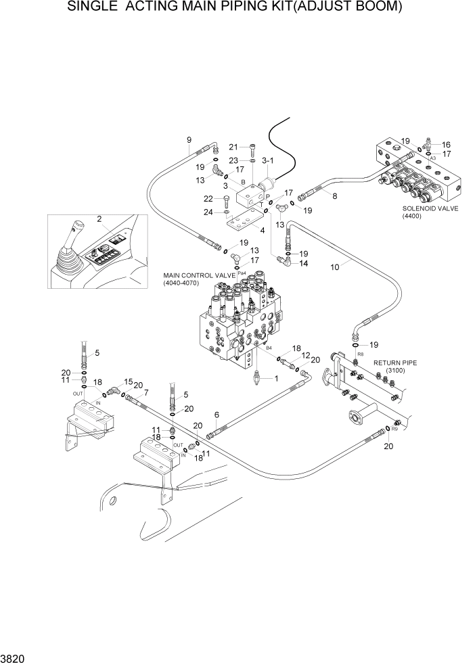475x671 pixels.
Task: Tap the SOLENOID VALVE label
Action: [x=430, y=208]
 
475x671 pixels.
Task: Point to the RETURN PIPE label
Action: [x=395, y=363]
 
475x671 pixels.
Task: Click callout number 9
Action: [x=189, y=141]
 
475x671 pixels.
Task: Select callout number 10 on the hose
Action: [x=334, y=267]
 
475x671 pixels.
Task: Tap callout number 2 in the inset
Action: [x=99, y=218]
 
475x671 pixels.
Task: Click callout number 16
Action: [x=447, y=144]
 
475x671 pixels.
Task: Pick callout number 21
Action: [x=233, y=147]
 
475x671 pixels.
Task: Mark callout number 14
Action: [x=304, y=263]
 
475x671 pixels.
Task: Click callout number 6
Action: [x=217, y=415]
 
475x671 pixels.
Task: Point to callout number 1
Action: [x=275, y=379]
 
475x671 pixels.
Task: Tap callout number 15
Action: [x=129, y=381]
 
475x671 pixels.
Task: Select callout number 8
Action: [x=334, y=195]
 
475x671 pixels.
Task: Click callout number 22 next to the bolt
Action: [x=209, y=198]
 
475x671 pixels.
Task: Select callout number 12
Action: [x=306, y=355]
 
